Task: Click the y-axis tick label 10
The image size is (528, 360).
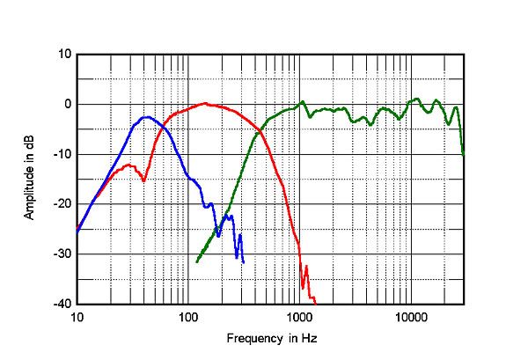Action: [x=64, y=55]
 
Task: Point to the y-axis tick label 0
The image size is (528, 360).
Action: [x=67, y=105]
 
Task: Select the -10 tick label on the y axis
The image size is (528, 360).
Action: [x=62, y=155]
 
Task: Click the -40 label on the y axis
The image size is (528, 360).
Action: [x=62, y=305]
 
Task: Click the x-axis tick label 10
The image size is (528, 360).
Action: [x=77, y=316]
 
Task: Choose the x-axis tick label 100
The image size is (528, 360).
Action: [x=187, y=316]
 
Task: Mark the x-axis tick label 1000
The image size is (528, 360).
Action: [x=299, y=316]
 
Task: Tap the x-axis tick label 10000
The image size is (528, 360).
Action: [x=410, y=316]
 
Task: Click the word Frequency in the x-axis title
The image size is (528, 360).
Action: [x=253, y=338]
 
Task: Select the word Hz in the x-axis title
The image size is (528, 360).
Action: [x=308, y=338]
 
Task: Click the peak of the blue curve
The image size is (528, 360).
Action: [x=146, y=116]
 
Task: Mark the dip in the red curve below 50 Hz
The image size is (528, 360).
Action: [x=144, y=180]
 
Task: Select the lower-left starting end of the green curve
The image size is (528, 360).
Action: [x=196, y=261]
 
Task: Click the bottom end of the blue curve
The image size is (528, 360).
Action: [x=243, y=261]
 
